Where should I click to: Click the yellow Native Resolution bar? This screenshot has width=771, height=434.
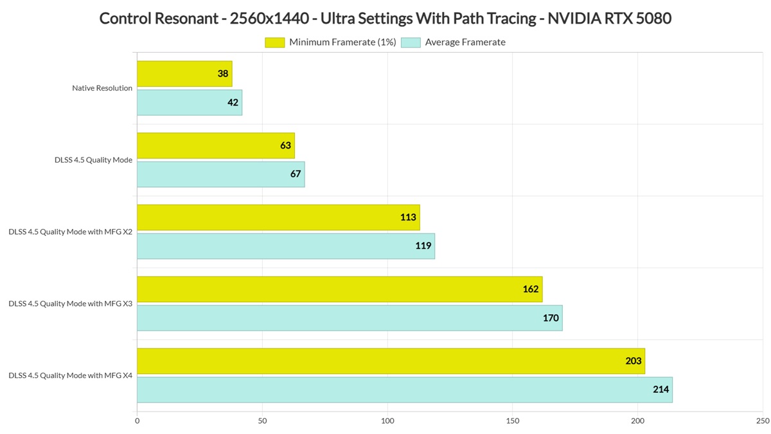[x=184, y=74]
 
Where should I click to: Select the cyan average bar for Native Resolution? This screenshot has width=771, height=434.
[x=190, y=103]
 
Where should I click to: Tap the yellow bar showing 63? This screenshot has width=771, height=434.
[x=216, y=146]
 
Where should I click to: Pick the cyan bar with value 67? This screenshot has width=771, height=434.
[x=221, y=174]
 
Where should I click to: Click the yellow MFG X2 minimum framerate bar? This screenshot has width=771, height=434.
[x=278, y=217]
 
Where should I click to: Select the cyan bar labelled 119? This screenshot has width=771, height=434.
[x=286, y=246]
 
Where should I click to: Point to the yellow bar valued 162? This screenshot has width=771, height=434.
[x=340, y=289]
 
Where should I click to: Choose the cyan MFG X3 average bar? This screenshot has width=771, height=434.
[x=350, y=318]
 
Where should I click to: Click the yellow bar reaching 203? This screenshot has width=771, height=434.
[x=391, y=361]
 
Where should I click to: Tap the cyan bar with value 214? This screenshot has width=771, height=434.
[x=405, y=390]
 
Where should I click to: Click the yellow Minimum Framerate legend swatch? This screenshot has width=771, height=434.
[x=275, y=42]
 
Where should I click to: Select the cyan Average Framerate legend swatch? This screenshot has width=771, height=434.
[x=411, y=42]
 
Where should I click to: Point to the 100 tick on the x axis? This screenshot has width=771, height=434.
[x=387, y=421]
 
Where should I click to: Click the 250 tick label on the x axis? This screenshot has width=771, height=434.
[x=763, y=421]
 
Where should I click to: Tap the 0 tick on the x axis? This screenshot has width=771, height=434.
[x=137, y=421]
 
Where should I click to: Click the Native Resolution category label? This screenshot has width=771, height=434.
[x=102, y=88]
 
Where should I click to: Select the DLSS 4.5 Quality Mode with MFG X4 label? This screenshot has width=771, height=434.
[x=71, y=375]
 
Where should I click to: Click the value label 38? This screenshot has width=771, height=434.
[x=223, y=74]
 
